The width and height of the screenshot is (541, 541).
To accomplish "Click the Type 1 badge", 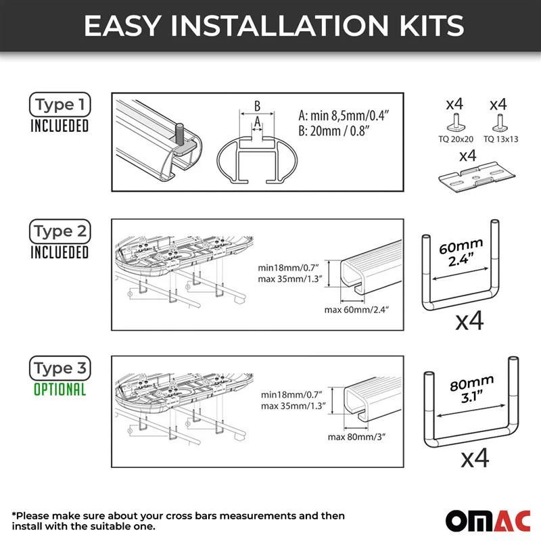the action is tap(60, 104).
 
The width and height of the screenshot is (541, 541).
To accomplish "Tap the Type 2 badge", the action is tap(60, 231).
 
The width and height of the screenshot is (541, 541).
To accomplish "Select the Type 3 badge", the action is tap(60, 368).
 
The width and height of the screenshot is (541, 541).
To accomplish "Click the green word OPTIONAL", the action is tap(60, 390).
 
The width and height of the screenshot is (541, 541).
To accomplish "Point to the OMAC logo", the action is tap(488, 521).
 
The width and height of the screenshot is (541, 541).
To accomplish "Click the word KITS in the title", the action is tap(431, 26).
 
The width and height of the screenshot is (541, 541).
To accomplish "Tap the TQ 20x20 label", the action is tap(455, 139).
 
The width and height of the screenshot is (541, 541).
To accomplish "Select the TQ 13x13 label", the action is tap(500, 139).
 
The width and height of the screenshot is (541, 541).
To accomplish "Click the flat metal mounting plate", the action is tap(477, 177).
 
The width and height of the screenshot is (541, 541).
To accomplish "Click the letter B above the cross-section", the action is tap(257, 106).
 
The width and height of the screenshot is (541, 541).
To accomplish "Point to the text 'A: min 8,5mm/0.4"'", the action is tap(344, 115).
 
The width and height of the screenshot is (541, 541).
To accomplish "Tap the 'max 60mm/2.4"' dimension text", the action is tap(356, 310).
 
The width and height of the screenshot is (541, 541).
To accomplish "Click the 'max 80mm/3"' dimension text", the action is tap(356, 437).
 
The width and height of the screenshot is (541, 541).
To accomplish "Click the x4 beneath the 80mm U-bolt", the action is tap(475, 458).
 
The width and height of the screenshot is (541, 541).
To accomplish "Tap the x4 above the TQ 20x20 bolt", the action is tap(454, 104).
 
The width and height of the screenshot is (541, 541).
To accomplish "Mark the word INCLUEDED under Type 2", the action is tap(60, 252).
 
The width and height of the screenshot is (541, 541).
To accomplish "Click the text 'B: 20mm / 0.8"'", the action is tap(333, 131).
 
